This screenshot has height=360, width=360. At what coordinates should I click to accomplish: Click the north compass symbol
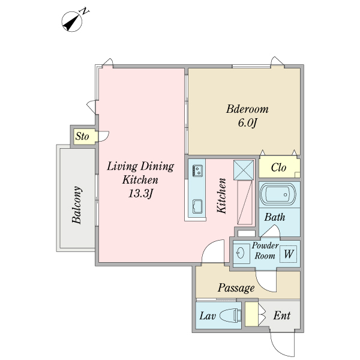73,20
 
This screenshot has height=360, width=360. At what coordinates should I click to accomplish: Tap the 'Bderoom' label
247,109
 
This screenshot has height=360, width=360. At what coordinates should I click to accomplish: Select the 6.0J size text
247,123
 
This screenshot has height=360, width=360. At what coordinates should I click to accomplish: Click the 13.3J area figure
140,194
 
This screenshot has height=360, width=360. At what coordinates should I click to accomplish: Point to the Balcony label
76,205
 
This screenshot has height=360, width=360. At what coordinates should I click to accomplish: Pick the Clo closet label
278,167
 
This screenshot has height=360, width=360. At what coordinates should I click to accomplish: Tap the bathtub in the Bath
278,194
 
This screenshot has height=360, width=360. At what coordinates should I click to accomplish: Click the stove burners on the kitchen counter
197,170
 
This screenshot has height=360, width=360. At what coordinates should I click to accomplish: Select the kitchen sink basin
197,206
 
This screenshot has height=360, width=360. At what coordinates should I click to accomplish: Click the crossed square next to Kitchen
244,170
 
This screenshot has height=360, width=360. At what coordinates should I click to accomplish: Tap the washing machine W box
288,254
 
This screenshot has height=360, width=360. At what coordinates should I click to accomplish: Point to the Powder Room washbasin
241,254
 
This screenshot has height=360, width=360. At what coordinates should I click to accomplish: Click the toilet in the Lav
230,315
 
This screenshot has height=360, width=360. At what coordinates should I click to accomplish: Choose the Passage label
236,288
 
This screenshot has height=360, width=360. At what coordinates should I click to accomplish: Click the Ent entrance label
282,316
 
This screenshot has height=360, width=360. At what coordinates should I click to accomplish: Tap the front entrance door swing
283,344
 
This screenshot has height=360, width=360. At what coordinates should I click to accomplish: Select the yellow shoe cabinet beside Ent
251,314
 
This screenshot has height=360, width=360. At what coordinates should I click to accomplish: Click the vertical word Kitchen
222,196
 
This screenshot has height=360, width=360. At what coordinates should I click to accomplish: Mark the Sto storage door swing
104,136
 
